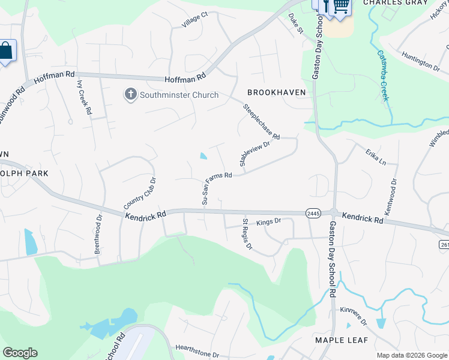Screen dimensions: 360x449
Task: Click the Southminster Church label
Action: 170,94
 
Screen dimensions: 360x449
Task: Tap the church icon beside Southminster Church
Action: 130,94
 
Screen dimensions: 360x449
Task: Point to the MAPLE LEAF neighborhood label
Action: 340,340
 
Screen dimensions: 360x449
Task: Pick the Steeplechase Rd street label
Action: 261,122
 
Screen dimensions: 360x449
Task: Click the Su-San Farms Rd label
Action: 217,189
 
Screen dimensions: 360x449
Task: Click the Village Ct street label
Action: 195,22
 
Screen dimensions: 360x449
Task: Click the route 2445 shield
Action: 312,213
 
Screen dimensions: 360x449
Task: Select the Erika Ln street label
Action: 375,157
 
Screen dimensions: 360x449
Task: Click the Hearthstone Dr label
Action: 197,350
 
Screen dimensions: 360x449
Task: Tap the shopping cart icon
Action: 341,6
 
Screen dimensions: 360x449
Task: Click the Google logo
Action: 20,353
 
